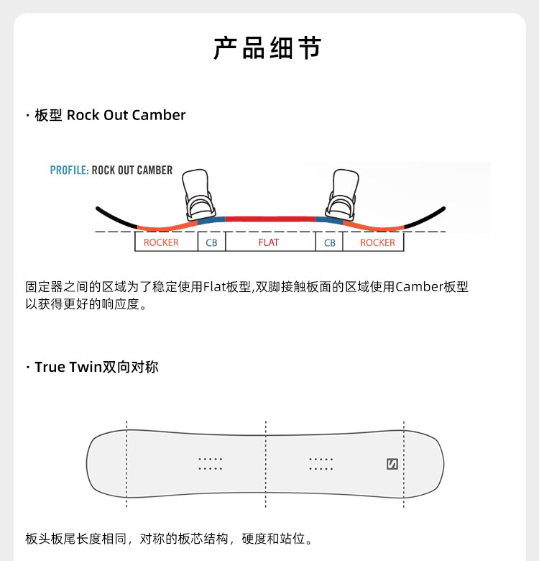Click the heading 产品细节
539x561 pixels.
(268, 47)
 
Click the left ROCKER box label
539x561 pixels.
(161, 242)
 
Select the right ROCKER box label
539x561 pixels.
(377, 242)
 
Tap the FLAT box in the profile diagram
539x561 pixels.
(269, 242)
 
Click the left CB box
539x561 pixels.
(211, 242)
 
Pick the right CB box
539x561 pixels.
(330, 242)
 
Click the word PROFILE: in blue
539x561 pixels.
(69, 170)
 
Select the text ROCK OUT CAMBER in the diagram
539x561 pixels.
(132, 170)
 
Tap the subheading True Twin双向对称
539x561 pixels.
(96, 367)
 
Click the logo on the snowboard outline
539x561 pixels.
(392, 464)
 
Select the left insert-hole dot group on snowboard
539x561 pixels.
(211, 464)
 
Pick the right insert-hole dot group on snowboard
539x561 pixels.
(321, 464)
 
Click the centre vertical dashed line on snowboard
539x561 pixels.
(267, 464)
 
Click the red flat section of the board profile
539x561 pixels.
(269, 218)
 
